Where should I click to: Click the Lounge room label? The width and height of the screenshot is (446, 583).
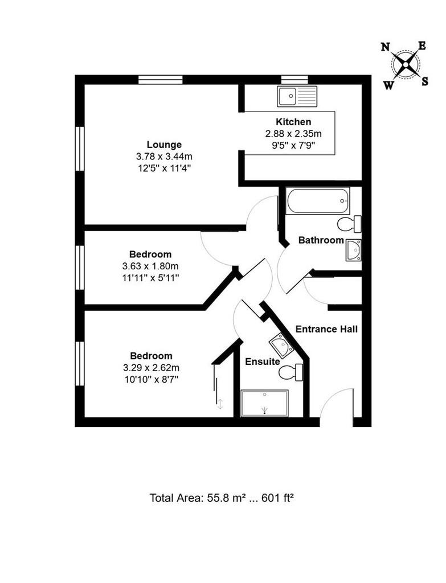[164, 145]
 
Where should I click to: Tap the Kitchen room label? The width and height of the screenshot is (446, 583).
[293, 122]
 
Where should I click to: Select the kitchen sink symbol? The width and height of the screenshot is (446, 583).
[297, 97]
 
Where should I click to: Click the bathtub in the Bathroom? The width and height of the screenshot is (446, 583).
[318, 201]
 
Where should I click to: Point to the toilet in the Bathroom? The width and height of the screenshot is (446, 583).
[349, 224]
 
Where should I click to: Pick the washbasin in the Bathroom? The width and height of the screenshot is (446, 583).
[353, 251]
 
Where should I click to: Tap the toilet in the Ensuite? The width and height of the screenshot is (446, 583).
[291, 372]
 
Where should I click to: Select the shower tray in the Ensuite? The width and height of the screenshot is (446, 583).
[264, 404]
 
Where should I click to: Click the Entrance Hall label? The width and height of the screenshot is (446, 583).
[326, 329]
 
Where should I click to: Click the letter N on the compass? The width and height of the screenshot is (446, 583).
[386, 47]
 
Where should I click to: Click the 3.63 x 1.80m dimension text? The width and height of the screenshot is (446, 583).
[150, 266]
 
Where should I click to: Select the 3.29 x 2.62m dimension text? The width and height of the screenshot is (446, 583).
[151, 368]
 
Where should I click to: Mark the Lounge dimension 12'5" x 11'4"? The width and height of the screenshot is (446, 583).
[164, 168]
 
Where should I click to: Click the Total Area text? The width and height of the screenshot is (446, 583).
[222, 498]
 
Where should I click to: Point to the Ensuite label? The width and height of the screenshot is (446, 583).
[263, 362]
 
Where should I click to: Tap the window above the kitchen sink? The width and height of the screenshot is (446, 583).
[294, 80]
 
